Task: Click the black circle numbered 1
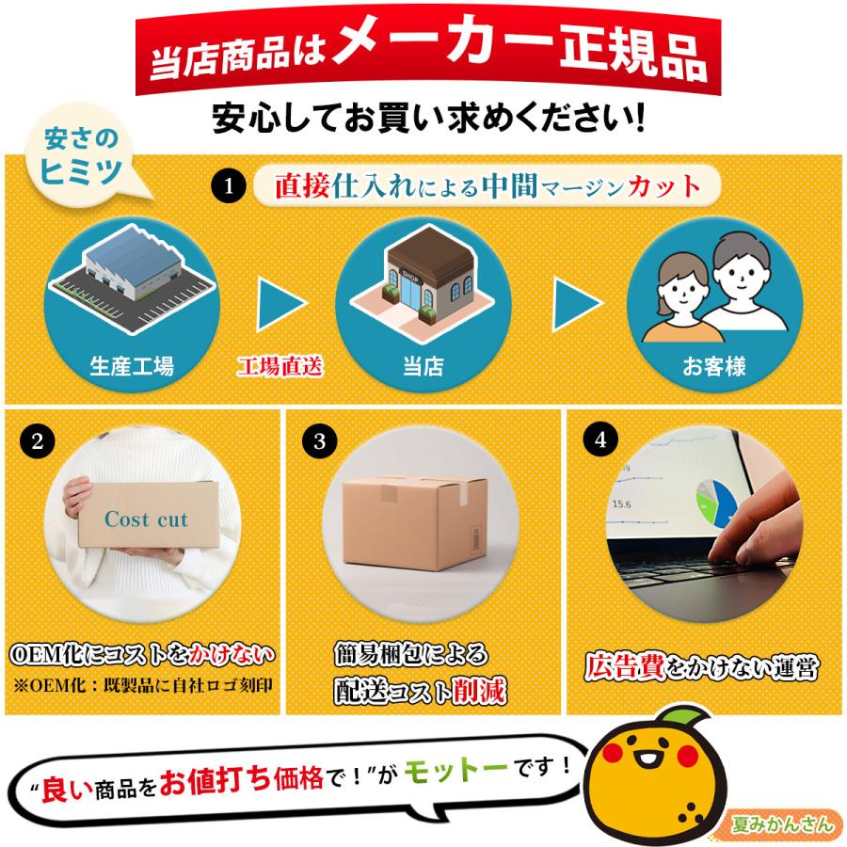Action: [x=228, y=185]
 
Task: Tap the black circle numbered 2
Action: [x=38, y=440]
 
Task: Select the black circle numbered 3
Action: [x=319, y=440]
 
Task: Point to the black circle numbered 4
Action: [x=600, y=439]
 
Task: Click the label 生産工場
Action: [x=131, y=366]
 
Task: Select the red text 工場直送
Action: [x=280, y=366]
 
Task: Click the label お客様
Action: [x=713, y=366]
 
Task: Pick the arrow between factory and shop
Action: [x=280, y=304]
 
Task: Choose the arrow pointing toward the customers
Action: [x=576, y=304]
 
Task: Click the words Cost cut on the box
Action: [x=147, y=519]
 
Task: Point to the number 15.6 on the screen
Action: [x=621, y=504]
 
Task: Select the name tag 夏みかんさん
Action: [x=783, y=824]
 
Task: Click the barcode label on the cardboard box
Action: [x=476, y=537]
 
